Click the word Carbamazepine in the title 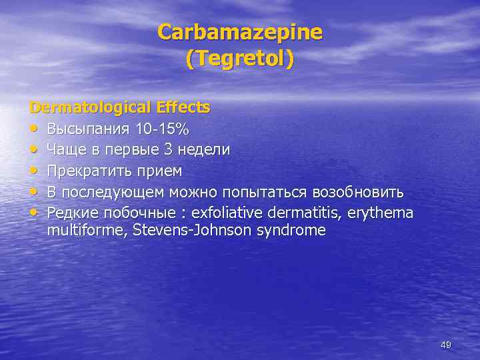pos(240,32)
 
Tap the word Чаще pos(65,149)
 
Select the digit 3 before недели pos(169,149)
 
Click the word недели pos(204,149)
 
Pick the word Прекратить pos(89,171)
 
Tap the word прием pos(159,171)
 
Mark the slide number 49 pos(446,345)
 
